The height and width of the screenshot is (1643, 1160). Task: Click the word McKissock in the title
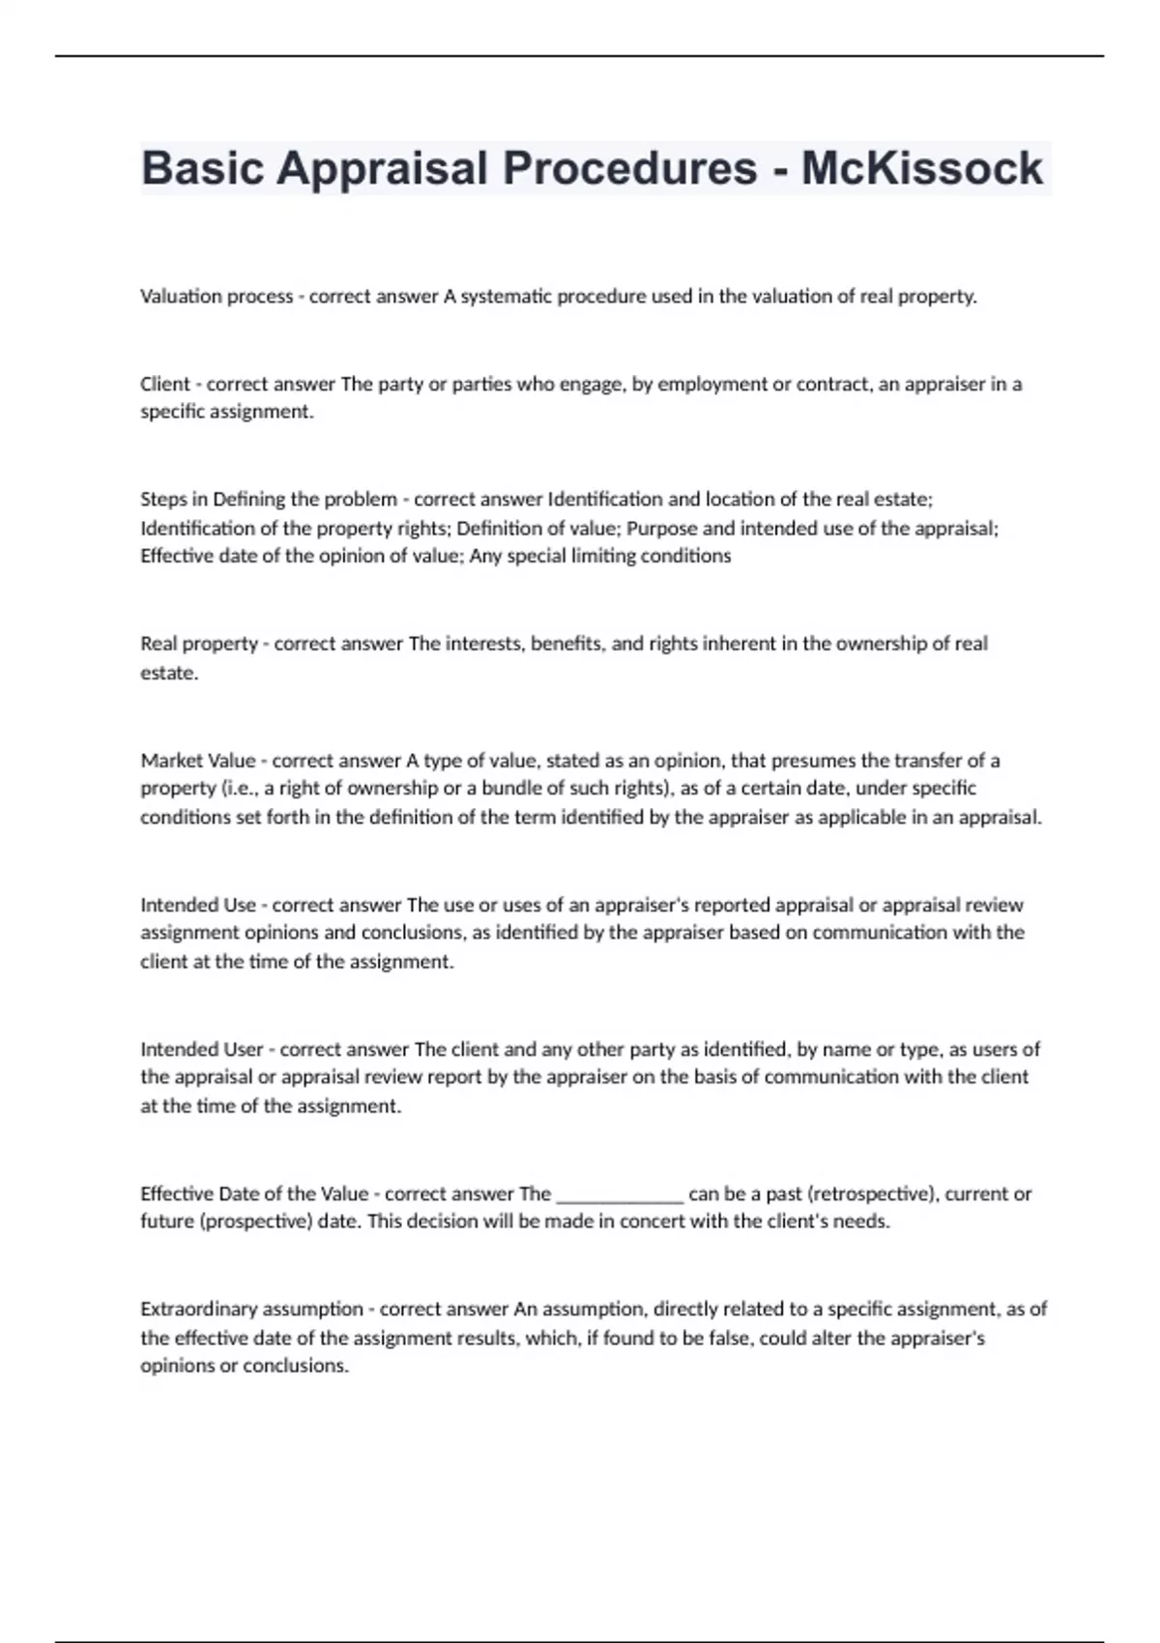[921, 168]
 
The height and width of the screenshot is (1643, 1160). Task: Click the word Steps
[161, 500]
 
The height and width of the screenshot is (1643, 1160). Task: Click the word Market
[170, 761]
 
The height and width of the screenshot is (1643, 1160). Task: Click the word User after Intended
[243, 1050]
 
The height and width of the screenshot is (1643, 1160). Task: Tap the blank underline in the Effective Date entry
[620, 1195]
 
